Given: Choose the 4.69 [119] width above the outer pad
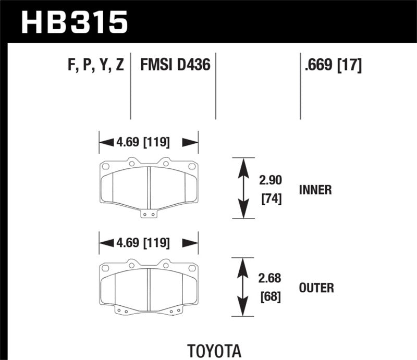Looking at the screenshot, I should click(x=149, y=242).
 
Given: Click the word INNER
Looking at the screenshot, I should click(x=315, y=190).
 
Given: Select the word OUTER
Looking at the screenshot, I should click(x=316, y=288).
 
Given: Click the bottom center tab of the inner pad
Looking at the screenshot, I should click(x=149, y=214).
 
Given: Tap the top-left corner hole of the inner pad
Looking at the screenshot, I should click(x=104, y=167).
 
